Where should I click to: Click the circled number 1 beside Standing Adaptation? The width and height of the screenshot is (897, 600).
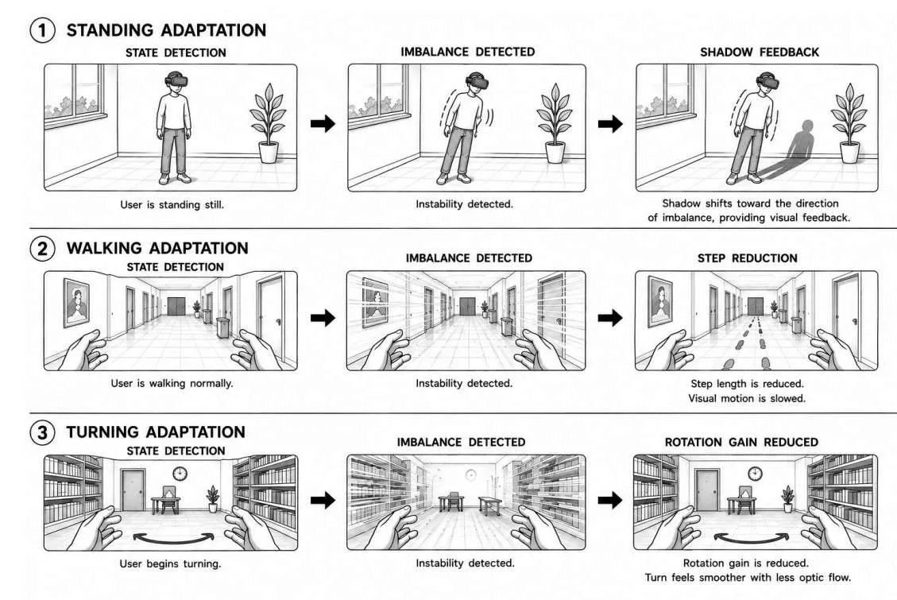[42, 29]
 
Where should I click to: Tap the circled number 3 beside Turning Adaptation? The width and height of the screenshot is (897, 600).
[42, 432]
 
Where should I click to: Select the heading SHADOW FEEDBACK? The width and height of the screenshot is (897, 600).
[759, 52]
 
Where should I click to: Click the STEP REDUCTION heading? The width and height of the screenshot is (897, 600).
[747, 258]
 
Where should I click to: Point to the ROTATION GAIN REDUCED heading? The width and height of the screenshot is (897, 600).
[741, 442]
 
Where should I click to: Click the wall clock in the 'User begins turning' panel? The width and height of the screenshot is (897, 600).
[180, 474]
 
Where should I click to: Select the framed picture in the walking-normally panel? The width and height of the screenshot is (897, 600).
[76, 303]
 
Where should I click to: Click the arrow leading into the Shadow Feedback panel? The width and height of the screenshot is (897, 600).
[610, 123]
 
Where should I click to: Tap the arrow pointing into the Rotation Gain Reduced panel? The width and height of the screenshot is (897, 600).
[610, 501]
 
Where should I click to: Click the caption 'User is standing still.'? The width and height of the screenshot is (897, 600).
[172, 205]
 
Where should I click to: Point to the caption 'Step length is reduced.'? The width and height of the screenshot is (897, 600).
[747, 384]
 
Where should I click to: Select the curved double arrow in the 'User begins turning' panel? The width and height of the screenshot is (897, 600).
[173, 538]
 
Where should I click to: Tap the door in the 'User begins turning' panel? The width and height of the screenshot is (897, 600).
[133, 490]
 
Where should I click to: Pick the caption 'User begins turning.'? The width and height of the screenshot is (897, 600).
[170, 564]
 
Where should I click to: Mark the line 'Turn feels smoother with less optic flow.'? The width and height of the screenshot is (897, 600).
[748, 578]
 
